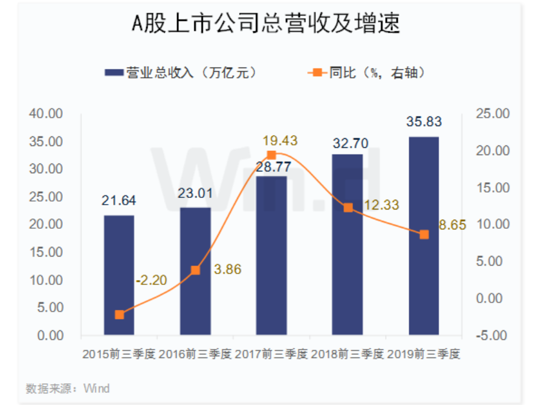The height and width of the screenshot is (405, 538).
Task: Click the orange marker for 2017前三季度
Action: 271,155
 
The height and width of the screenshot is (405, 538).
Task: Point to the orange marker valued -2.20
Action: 119,314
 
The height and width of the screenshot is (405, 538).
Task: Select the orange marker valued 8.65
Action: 424,234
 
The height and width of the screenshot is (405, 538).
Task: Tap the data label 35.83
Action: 424,121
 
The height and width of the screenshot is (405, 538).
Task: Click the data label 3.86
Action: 227,269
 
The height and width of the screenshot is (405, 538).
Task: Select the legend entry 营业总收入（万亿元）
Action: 182,73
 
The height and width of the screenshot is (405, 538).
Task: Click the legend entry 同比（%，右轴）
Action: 369,73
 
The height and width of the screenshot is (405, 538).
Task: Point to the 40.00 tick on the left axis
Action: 47,114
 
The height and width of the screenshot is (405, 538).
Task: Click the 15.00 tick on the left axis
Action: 47,252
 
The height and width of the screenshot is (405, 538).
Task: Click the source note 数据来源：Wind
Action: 68,387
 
